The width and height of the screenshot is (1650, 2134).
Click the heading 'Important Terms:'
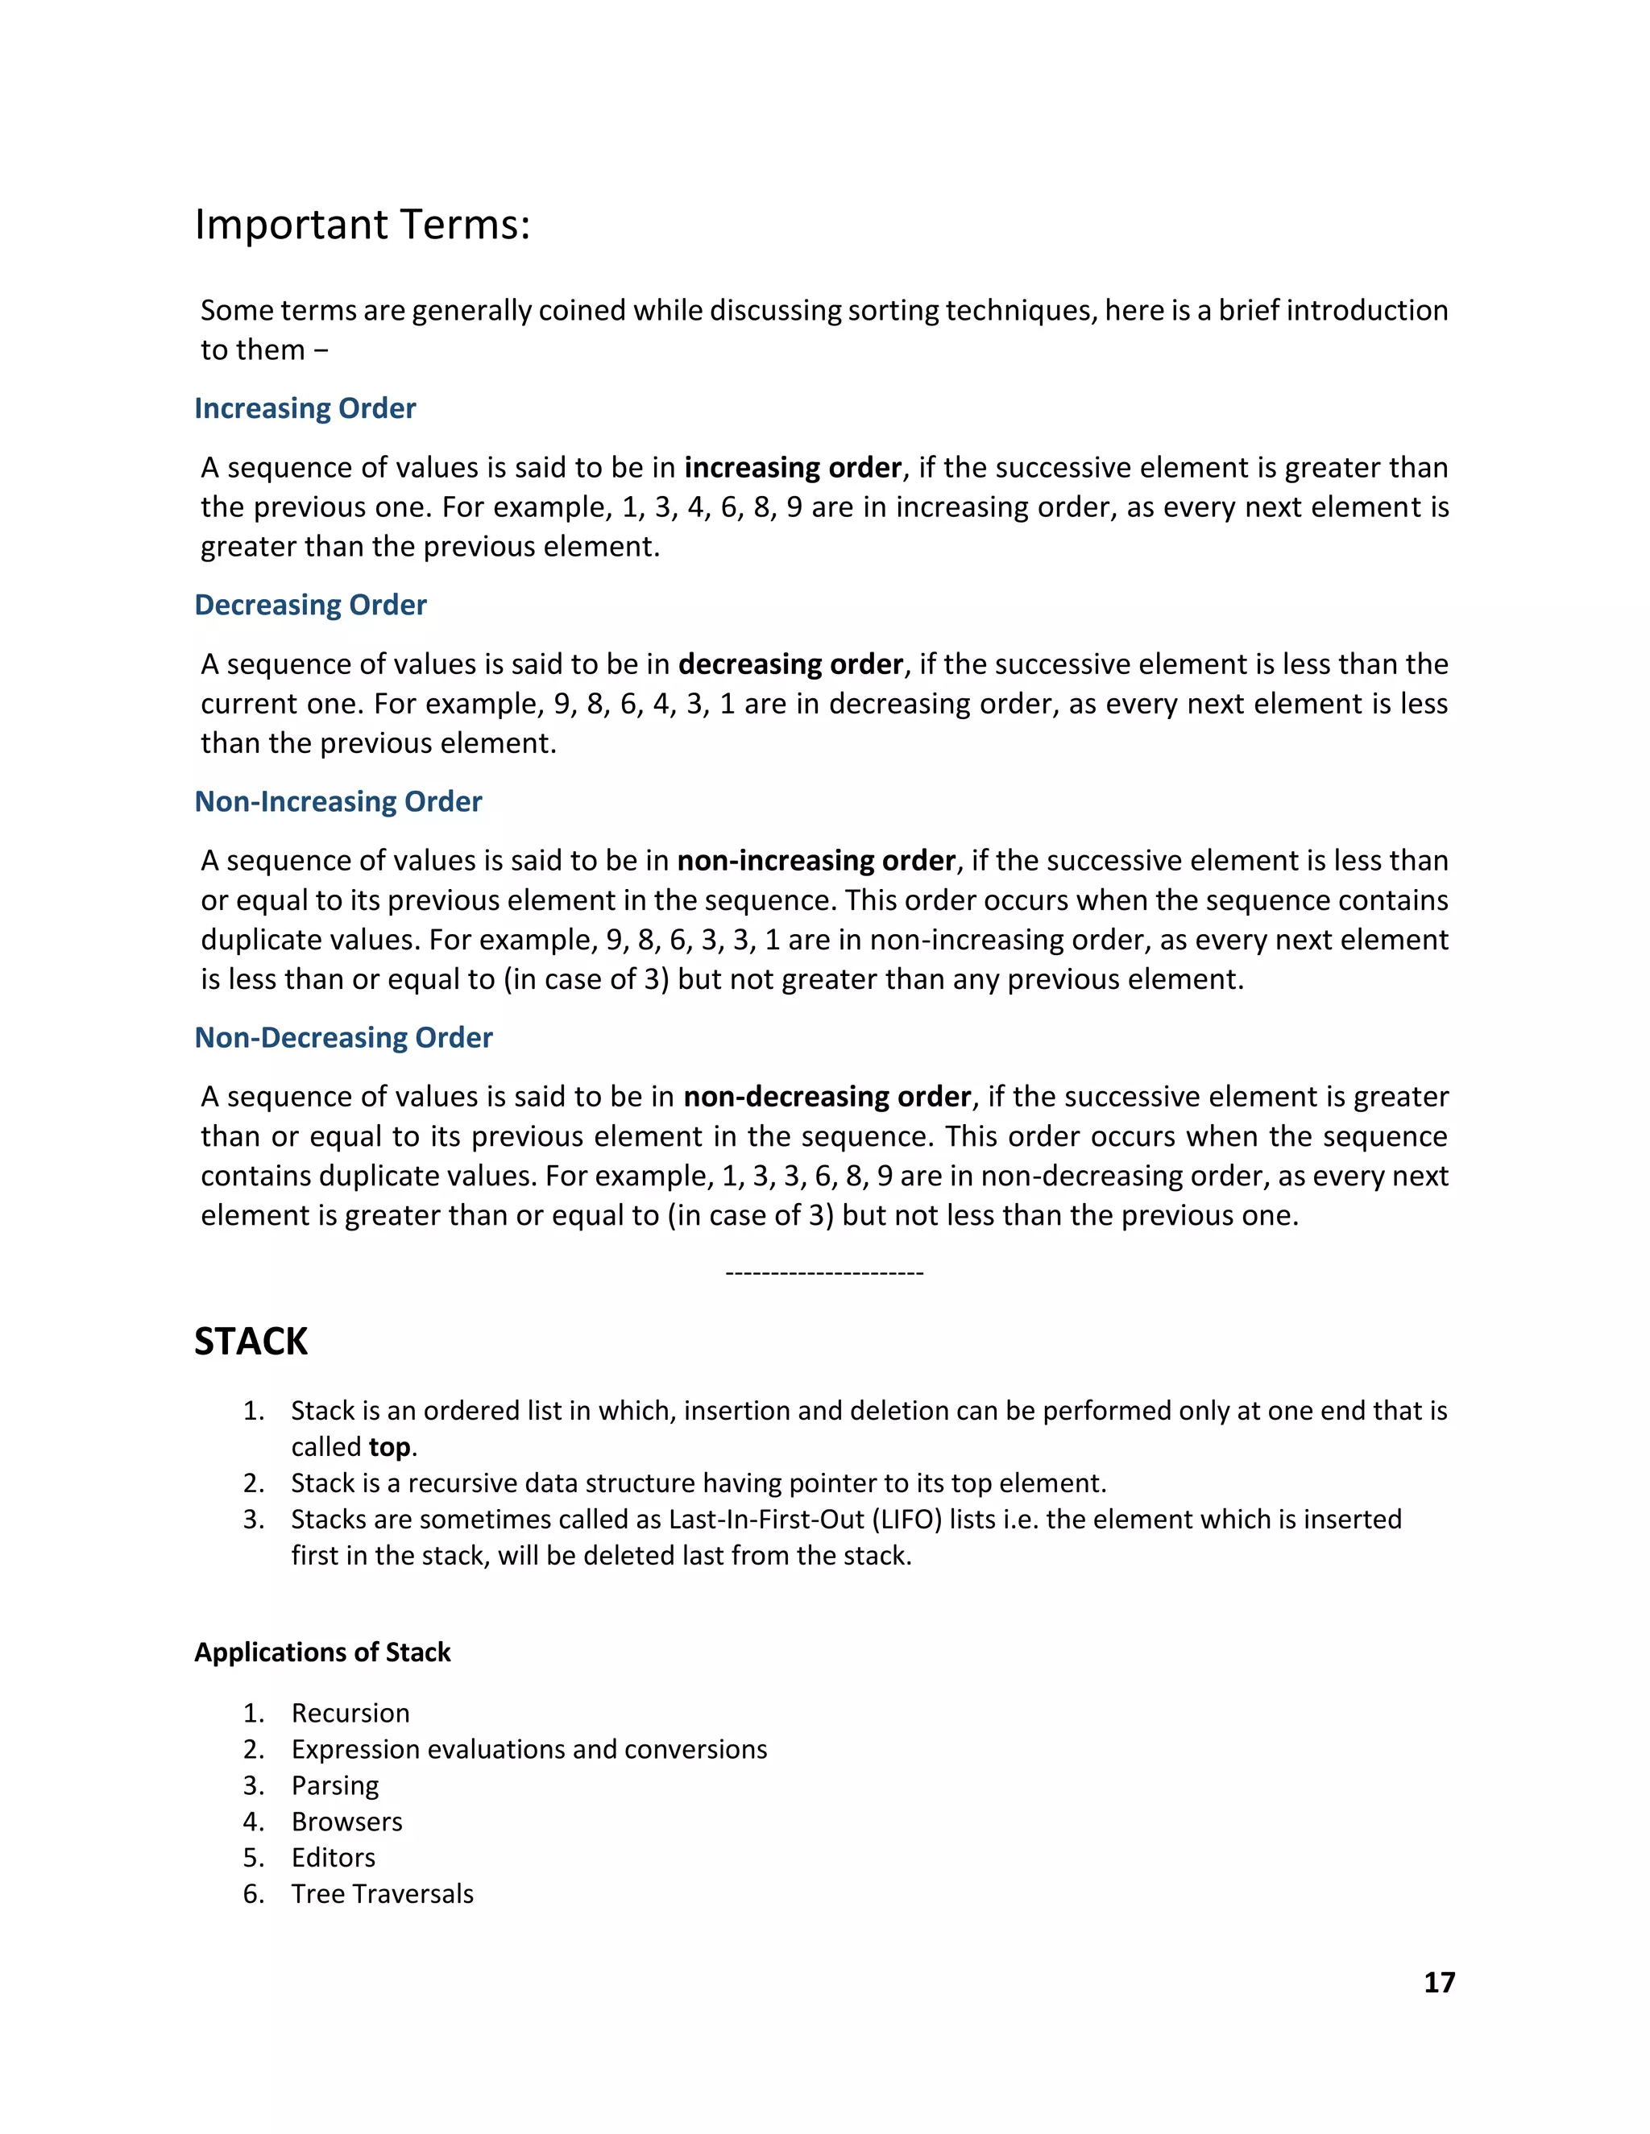tap(362, 225)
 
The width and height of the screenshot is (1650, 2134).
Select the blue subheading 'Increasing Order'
tap(305, 408)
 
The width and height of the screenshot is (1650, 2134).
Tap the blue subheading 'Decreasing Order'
tap(311, 605)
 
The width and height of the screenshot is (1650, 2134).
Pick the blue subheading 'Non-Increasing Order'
tap(338, 801)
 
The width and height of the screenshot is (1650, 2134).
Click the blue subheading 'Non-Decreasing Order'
tap(343, 1038)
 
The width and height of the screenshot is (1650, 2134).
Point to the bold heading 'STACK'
tap(251, 1342)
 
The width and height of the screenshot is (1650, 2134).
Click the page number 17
tap(1439, 1982)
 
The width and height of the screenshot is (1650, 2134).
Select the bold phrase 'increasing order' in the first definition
tap(792, 468)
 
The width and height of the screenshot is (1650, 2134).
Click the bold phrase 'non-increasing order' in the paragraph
tap(816, 861)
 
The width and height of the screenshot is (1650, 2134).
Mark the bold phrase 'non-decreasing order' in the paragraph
tap(827, 1098)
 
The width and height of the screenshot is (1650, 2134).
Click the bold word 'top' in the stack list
tap(390, 1447)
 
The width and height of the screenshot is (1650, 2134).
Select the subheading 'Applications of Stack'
tap(322, 1652)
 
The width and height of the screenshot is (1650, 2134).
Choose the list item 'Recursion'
tap(350, 1713)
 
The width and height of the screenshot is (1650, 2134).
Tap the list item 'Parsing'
tap(335, 1785)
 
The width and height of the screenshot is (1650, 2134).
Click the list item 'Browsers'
tap(347, 1822)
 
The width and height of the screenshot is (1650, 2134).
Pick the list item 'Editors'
tap(334, 1858)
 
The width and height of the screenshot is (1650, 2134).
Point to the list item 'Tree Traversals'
tap(382, 1894)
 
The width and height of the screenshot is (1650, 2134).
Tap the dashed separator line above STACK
tap(825, 1273)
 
